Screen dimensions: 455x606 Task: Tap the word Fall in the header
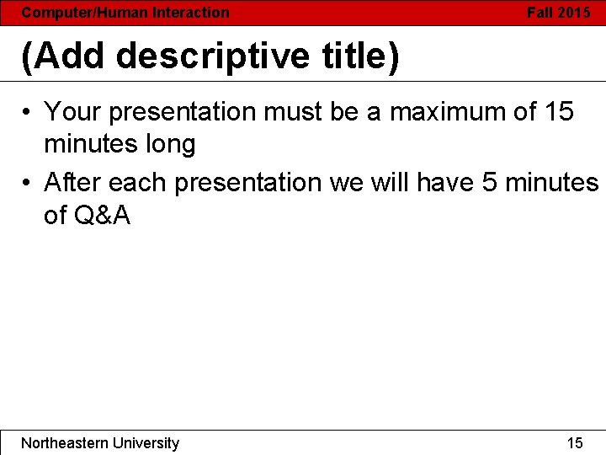(x=540, y=13)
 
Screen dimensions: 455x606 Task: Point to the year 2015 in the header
(x=574, y=13)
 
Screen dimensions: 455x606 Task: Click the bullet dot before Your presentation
(x=28, y=112)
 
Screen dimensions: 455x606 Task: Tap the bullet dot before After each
(x=28, y=182)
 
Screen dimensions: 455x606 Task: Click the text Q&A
(x=102, y=217)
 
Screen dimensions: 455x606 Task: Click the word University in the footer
(x=144, y=443)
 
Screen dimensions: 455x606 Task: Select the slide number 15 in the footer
(x=575, y=443)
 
